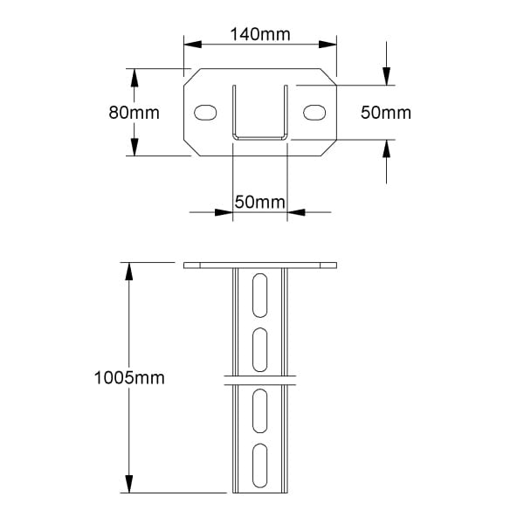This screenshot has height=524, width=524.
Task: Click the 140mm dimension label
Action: [260, 34]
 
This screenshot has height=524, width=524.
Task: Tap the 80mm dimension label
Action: [134, 113]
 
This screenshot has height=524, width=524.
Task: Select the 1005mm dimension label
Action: [129, 378]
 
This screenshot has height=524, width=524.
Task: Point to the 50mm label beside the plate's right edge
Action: [386, 113]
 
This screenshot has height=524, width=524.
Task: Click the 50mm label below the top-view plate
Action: [260, 202]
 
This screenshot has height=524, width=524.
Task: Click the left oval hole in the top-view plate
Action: [205, 113]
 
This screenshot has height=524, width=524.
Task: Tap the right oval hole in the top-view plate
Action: [314, 113]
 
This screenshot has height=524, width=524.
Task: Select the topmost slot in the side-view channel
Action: [259, 295]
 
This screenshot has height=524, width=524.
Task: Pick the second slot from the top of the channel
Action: [259, 350]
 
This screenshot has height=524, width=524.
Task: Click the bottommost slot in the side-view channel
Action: [259, 465]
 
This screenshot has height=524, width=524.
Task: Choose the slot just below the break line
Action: [259, 411]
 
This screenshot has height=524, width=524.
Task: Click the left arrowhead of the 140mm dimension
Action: [193, 45]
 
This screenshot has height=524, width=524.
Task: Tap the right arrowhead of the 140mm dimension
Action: [327, 45]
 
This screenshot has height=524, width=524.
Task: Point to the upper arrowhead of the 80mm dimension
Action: [134, 78]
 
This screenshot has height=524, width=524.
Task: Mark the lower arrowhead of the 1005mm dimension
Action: [129, 484]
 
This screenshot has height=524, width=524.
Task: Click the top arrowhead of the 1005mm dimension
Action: [129, 272]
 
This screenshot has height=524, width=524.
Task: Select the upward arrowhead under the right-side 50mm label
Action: [386, 148]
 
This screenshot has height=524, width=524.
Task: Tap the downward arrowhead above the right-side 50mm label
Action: [386, 76]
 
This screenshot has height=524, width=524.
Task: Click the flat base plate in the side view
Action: [260, 265]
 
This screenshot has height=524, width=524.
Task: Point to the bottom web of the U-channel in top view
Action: [260, 138]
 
